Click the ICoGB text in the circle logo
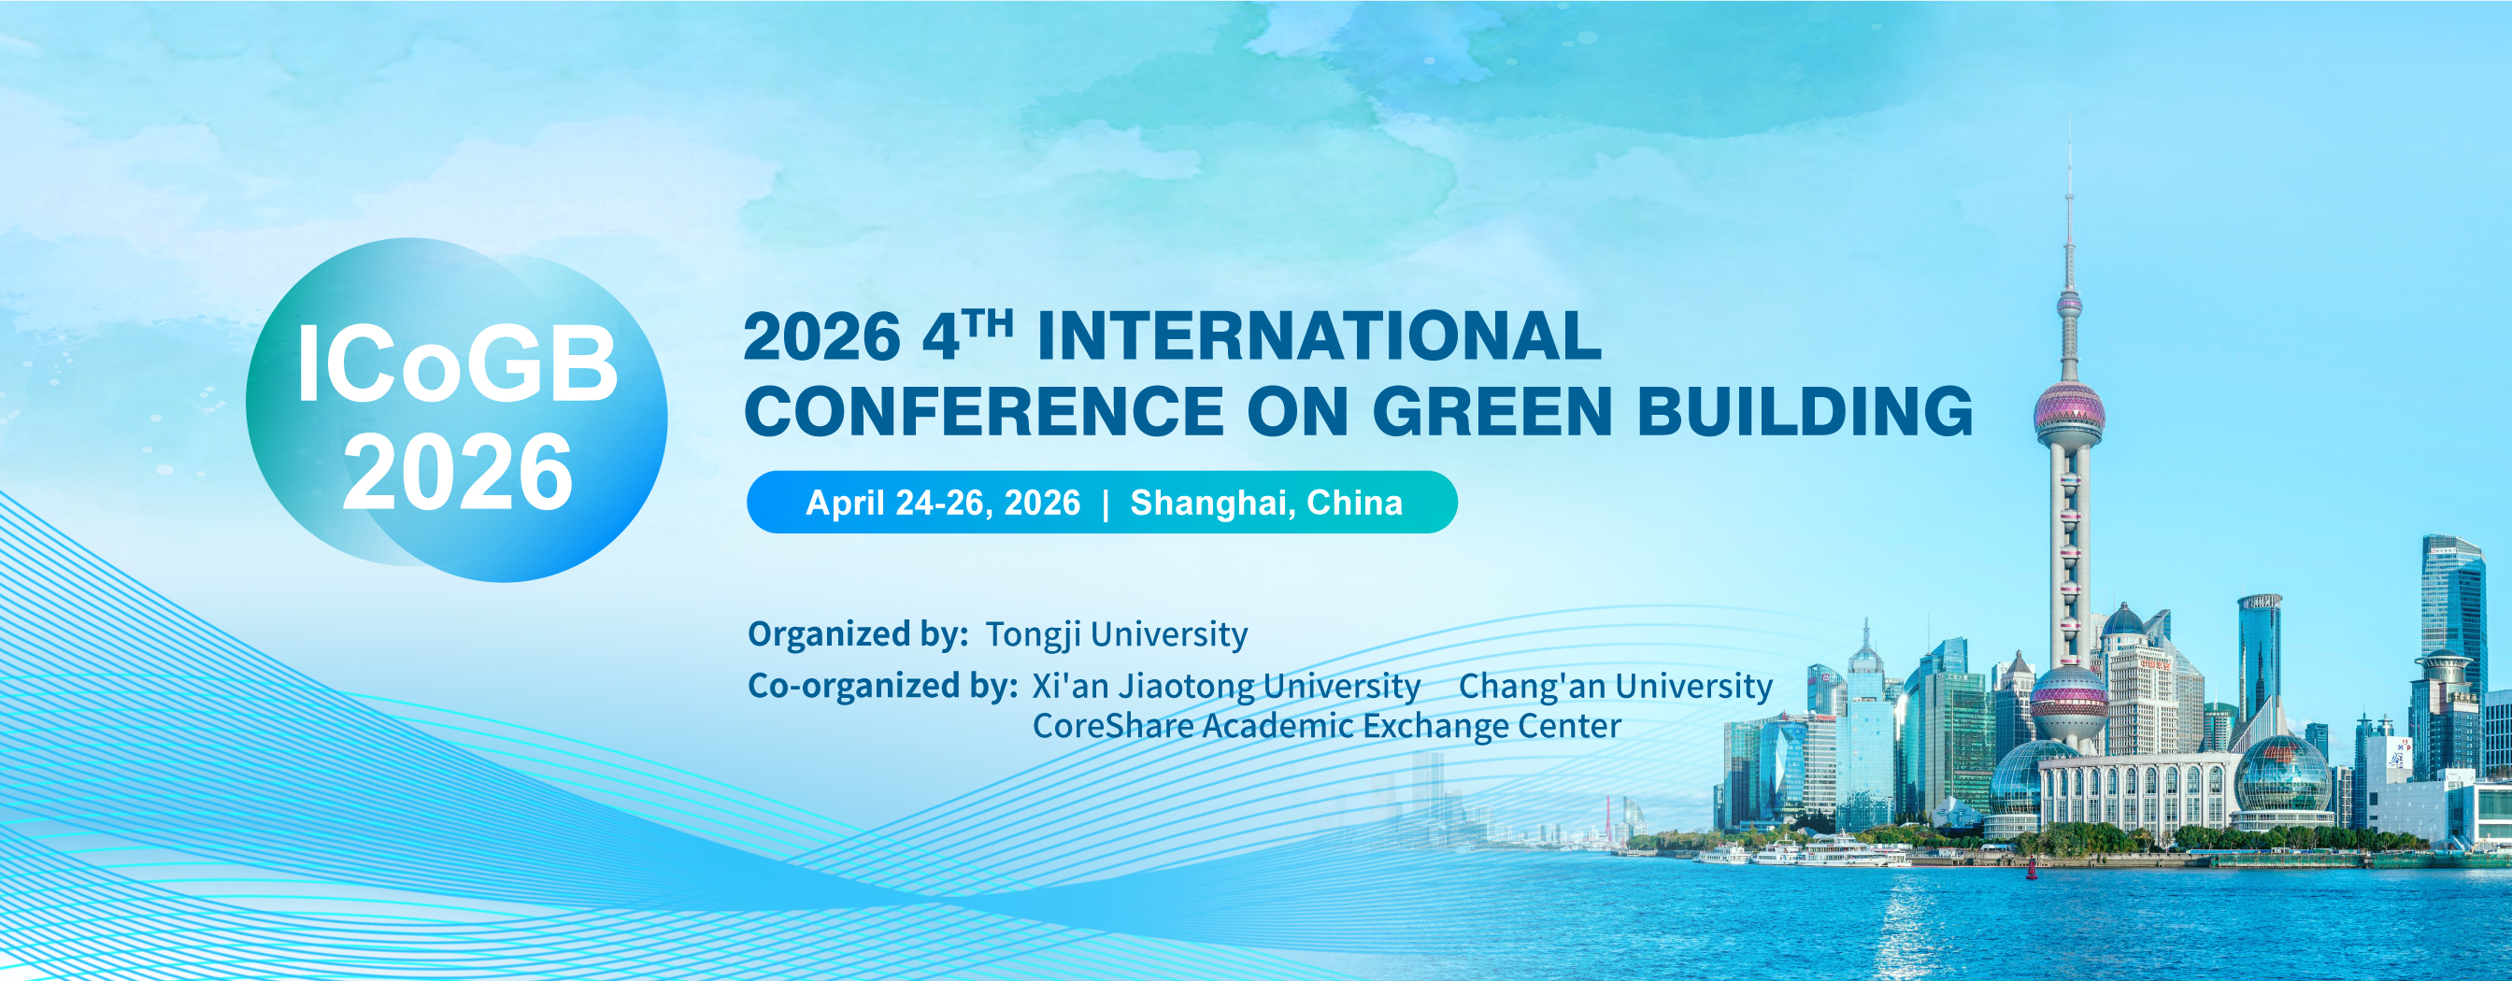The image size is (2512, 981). pyautogui.click(x=457, y=364)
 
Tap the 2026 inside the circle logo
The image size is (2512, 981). pyautogui.click(x=457, y=473)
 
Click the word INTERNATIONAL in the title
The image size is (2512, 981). pyautogui.click(x=1319, y=336)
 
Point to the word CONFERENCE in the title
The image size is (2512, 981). pyautogui.click(x=984, y=410)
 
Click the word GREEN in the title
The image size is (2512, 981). pyautogui.click(x=1493, y=410)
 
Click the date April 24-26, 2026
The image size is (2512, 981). pyautogui.click(x=943, y=504)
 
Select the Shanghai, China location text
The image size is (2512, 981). pyautogui.click(x=1265, y=504)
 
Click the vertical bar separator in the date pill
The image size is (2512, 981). pyautogui.click(x=1105, y=505)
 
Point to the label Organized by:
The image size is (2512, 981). pyautogui.click(x=857, y=634)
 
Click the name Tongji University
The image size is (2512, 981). pyautogui.click(x=1117, y=634)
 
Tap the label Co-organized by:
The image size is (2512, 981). pyautogui.click(x=882, y=686)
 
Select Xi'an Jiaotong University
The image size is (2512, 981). pyautogui.click(x=1226, y=686)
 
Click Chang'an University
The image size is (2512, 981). pyautogui.click(x=1615, y=686)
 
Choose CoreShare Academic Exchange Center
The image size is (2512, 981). pyautogui.click(x=1326, y=726)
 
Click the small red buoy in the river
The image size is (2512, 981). pyautogui.click(x=2032, y=871)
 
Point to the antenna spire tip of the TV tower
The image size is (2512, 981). pyautogui.click(x=2068, y=115)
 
